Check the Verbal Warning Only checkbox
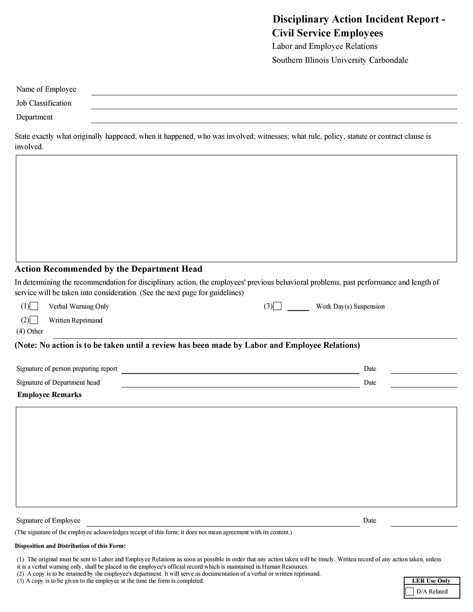pyautogui.click(x=34, y=306)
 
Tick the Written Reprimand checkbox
pyautogui.click(x=34, y=320)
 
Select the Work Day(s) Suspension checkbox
pyautogui.click(x=277, y=306)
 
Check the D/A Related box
pyautogui.click(x=409, y=591)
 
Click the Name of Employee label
pyautogui.click(x=46, y=89)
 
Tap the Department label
pyautogui.click(x=35, y=117)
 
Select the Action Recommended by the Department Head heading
pyautogui.click(x=108, y=269)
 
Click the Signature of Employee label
pyautogui.click(x=48, y=520)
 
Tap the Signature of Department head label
pyautogui.click(x=58, y=382)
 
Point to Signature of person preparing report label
pyautogui.click(x=67, y=368)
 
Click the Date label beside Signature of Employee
pyautogui.click(x=369, y=520)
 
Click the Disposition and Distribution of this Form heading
pyautogui.click(x=70, y=546)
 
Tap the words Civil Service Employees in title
pyautogui.click(x=327, y=33)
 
